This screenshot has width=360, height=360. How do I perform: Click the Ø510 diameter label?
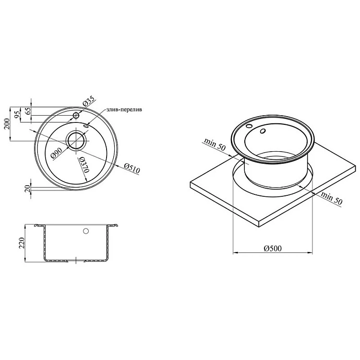[132, 168]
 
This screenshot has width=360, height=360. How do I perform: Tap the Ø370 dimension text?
[84, 165]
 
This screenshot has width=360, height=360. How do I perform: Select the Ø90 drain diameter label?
[56, 153]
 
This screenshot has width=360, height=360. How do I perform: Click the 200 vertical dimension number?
[7, 124]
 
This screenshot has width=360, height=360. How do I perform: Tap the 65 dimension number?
[27, 111]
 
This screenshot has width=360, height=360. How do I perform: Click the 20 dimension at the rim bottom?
[27, 189]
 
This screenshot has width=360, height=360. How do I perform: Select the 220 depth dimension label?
[22, 243]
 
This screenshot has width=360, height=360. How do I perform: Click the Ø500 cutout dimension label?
[273, 248]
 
